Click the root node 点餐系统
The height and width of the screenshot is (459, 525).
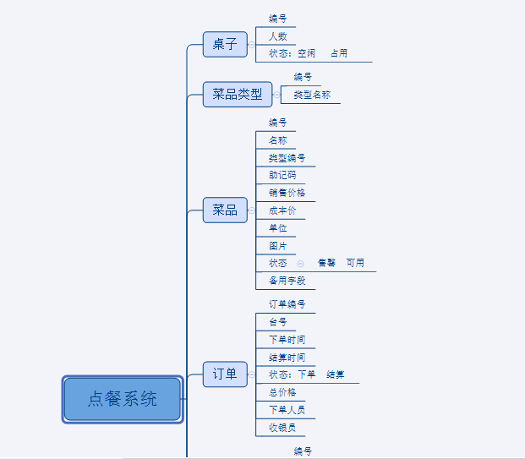pos(123,399)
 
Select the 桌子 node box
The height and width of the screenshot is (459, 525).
pos(225,44)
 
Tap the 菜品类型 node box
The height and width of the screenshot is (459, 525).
pos(238,94)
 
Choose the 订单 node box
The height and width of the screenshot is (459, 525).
pos(225,374)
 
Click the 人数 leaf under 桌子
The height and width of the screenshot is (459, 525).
pos(277,36)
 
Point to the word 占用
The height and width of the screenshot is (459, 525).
pos(338,54)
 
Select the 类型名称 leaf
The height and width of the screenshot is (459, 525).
pos(312,95)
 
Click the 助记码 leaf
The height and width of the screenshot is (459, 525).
pos(282,176)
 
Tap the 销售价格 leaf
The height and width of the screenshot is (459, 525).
pos(287,193)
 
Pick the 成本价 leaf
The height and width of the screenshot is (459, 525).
pos(282,210)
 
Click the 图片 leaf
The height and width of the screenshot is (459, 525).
pos(277,246)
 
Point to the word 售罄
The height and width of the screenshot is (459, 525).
pos(326,263)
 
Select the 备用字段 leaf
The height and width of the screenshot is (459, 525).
pos(287,281)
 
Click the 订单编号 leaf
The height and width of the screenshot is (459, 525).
pos(287,304)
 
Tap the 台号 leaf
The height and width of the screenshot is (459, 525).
pos(277,322)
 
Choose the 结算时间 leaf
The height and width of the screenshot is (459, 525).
pos(287,357)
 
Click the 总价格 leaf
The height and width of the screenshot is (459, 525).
pos(282,392)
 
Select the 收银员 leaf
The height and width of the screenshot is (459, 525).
pos(282,427)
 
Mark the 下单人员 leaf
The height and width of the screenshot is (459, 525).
pos(287,410)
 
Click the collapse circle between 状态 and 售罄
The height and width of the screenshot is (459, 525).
pos(300,264)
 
